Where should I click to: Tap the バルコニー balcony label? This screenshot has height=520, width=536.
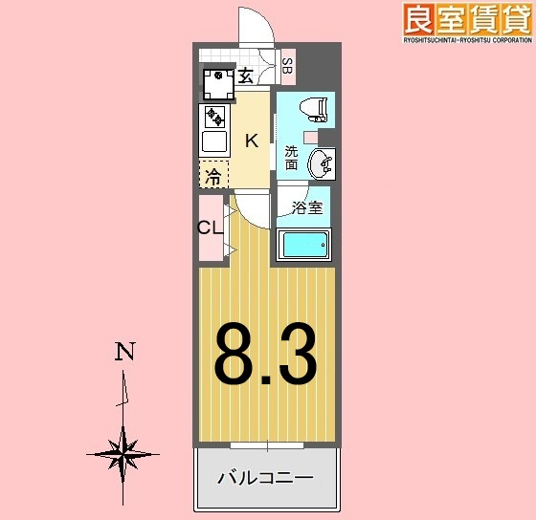point(266,476)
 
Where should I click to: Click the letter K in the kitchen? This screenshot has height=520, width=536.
point(251,141)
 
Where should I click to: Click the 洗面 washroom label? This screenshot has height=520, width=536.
point(291,157)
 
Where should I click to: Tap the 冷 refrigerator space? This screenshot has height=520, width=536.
point(214,175)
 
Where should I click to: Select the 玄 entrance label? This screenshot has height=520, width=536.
point(245,76)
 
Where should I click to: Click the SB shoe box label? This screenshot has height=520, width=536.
point(287,66)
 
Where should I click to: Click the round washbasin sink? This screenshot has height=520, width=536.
point(324,164)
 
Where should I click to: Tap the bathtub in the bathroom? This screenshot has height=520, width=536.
point(302,247)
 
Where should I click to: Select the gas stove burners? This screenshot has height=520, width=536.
point(214,118)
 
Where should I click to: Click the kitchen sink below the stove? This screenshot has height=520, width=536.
point(214,143)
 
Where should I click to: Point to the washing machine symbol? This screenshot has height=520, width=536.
point(219,84)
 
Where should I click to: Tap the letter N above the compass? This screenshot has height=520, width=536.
point(123,352)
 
